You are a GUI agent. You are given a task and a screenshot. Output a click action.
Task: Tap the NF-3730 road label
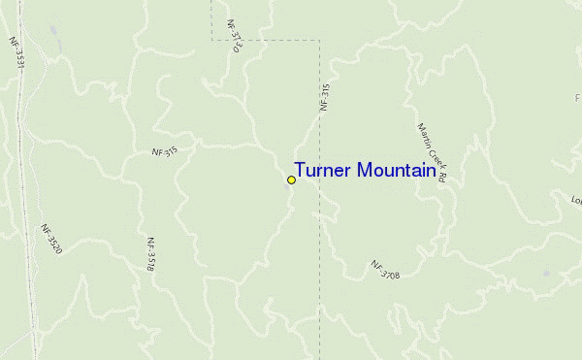point(234,34)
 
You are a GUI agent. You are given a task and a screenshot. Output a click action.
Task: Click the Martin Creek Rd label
point(431,153)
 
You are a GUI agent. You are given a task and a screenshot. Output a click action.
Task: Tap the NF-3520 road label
point(51,241)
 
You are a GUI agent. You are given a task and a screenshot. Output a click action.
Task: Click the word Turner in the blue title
point(323,171)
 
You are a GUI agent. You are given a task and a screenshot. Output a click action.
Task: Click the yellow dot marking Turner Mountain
point(291,180)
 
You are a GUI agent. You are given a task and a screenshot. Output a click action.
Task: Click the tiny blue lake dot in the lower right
point(546,274)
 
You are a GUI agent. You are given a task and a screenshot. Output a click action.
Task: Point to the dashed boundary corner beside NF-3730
point(212,41)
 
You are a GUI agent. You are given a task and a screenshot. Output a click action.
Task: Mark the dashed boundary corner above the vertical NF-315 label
point(319,41)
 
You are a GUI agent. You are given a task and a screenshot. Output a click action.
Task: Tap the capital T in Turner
point(300,171)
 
